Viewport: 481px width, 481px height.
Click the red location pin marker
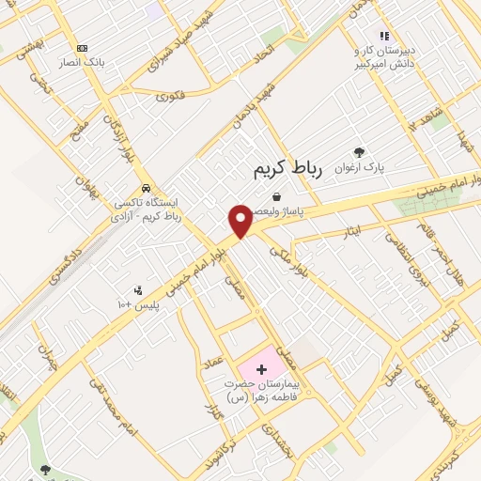pos(240,222)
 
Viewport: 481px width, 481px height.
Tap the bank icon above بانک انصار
pos(83,48)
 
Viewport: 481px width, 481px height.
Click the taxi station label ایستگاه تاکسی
pos(147,209)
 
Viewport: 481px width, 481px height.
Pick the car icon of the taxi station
pos(145,186)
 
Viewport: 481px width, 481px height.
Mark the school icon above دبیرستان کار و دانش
pos(383,36)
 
